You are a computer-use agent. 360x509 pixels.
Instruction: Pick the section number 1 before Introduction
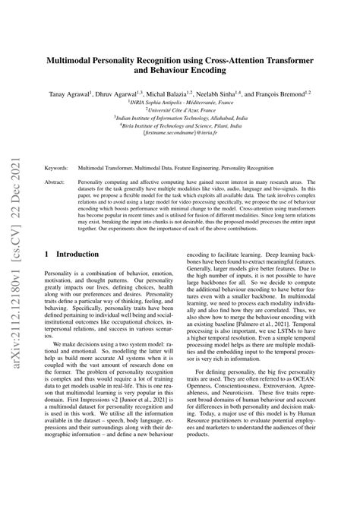[x=47, y=254]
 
